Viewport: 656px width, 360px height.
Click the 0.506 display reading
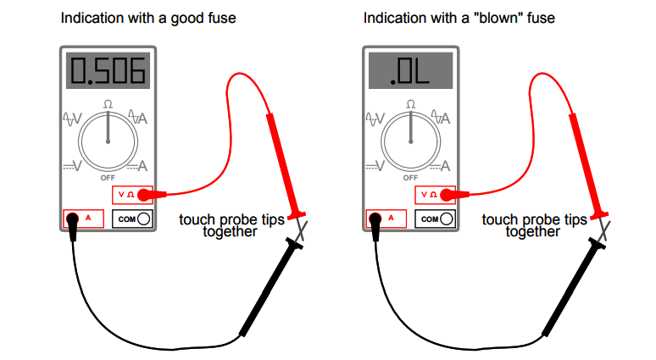coord(108,73)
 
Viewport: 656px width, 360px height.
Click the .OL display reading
coord(410,73)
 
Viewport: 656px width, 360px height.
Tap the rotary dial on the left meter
coord(108,139)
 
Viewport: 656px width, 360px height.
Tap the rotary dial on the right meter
coord(410,139)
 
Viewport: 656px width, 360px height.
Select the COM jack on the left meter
coord(143,219)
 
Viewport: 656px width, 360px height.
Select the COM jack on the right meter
coord(446,219)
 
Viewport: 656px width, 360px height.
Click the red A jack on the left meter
coord(73,219)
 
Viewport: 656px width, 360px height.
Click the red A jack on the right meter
coord(375,219)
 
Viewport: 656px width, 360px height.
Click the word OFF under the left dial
coord(108,178)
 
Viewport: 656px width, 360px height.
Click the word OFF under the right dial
coord(410,178)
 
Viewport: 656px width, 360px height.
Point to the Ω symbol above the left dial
coord(108,104)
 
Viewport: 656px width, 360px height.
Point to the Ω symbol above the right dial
coord(410,104)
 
